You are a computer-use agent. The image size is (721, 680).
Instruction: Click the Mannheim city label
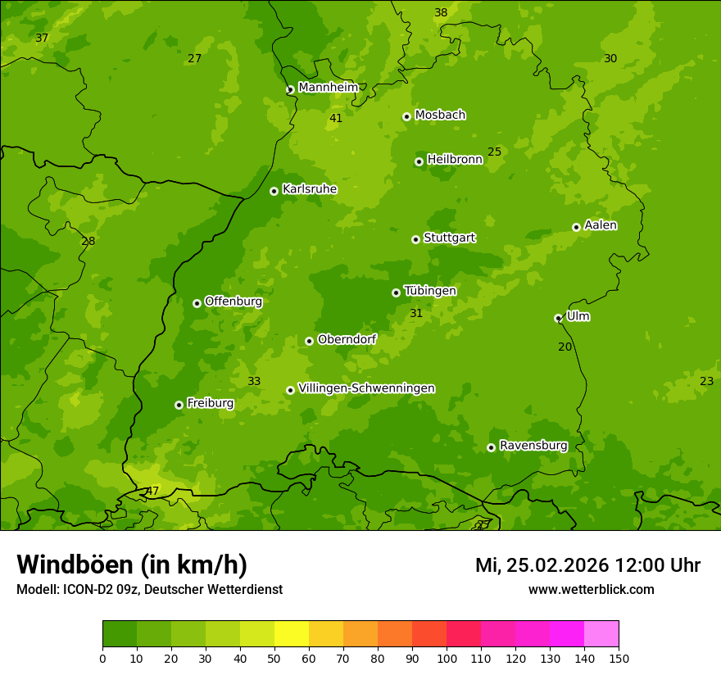coord(328,88)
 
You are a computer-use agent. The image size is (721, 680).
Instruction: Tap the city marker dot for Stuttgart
coord(415,239)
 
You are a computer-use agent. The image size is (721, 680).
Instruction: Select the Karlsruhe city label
coord(309,189)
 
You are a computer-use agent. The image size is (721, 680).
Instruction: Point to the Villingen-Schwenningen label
coord(366,388)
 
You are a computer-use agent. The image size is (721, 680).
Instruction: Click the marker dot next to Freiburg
coord(179,405)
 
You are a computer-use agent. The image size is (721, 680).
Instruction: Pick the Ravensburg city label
coord(533,446)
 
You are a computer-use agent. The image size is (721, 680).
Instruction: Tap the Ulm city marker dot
coord(558,318)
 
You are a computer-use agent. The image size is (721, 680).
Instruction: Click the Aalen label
coord(600,225)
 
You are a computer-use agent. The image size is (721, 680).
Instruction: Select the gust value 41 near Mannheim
coord(336,119)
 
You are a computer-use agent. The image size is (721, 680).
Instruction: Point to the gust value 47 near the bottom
coord(152,492)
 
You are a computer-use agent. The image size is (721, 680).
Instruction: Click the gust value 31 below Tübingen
coord(416,314)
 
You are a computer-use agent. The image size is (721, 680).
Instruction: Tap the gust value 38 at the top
coord(441,13)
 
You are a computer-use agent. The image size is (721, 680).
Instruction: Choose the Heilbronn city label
coord(455,160)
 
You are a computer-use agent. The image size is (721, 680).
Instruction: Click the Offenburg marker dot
coord(197,303)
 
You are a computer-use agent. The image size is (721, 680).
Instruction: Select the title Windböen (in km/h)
coord(132,564)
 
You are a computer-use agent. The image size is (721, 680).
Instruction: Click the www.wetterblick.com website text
coord(591,589)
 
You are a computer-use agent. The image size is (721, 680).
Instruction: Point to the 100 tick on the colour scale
coord(447,658)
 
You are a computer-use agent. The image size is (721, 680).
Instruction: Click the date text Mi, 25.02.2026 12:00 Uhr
coord(587,565)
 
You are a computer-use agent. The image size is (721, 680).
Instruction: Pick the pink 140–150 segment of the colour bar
coord(601,634)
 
